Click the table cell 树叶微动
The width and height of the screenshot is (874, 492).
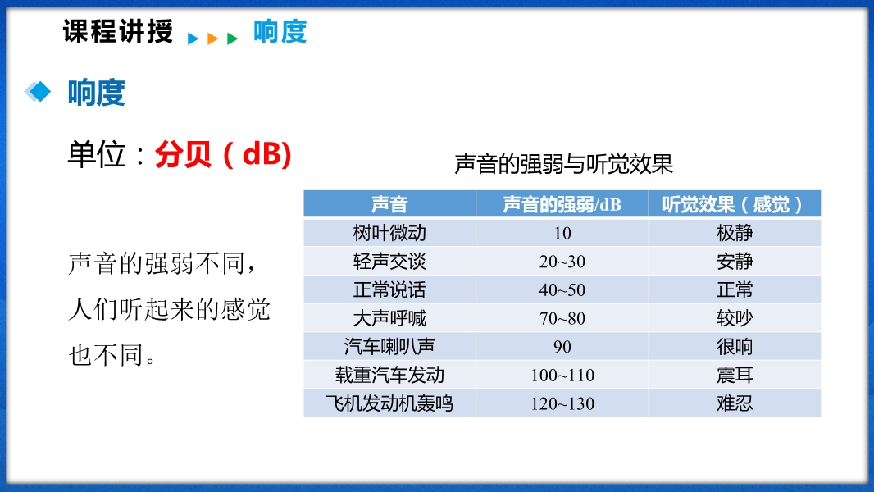click(x=389, y=233)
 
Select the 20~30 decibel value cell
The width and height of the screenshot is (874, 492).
click(x=562, y=262)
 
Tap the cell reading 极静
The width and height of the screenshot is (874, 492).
click(x=735, y=233)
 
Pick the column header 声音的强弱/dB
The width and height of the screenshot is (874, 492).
click(x=562, y=204)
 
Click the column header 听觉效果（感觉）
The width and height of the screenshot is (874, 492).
click(x=735, y=204)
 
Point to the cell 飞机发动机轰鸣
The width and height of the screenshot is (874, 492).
click(x=389, y=403)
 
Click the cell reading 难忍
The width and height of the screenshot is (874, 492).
click(x=735, y=403)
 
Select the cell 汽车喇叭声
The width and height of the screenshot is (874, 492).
click(x=389, y=347)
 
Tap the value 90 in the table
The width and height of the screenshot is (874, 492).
click(x=562, y=347)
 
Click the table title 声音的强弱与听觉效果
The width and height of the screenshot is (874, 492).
click(x=563, y=164)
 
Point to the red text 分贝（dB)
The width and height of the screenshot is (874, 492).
click(x=223, y=154)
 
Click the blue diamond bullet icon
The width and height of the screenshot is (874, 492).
click(x=38, y=91)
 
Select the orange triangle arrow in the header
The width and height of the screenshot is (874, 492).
click(x=212, y=39)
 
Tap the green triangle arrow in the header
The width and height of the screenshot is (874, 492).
click(x=232, y=39)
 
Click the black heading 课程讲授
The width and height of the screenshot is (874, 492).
click(x=118, y=30)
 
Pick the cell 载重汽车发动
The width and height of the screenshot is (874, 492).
click(x=389, y=375)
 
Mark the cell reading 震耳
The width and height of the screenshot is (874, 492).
click(x=735, y=375)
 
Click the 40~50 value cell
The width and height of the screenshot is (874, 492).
click(x=562, y=289)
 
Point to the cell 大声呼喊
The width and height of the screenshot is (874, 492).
click(x=389, y=318)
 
